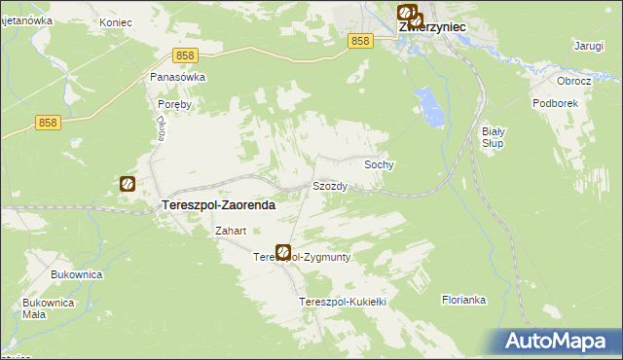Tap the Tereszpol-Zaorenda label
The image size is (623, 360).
coord(217,206)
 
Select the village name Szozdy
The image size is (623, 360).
coord(329,186)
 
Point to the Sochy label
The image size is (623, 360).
coord(379,165)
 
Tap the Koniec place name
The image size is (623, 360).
coord(116,20)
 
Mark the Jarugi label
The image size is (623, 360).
coord(589,45)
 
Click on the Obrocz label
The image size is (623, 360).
coord(573,81)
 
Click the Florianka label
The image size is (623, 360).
coord(463,300)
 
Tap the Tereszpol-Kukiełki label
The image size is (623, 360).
coord(344,302)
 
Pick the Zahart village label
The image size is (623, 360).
coord(230,232)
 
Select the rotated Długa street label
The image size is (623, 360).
coord(160,128)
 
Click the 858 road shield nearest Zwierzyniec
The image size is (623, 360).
coord(360,41)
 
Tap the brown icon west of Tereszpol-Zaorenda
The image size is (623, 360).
coord(128,184)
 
